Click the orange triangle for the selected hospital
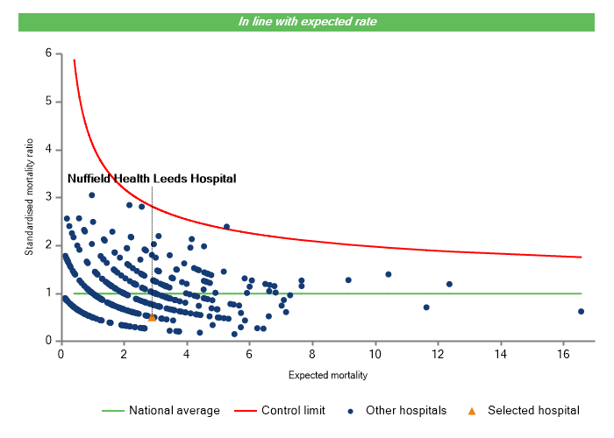click(x=153, y=317)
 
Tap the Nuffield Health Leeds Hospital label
click(x=152, y=179)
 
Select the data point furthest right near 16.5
click(x=581, y=311)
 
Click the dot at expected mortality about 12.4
click(x=449, y=284)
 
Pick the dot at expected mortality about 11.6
click(x=426, y=307)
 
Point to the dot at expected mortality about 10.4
click(x=389, y=274)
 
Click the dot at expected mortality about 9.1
click(x=348, y=280)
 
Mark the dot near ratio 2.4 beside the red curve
click(x=226, y=227)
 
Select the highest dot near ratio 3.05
click(x=91, y=195)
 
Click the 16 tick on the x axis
click(x=562, y=353)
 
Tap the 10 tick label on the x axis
click(x=375, y=353)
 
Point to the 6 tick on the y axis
click(x=47, y=53)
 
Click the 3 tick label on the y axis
click(x=47, y=197)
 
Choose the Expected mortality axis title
click(x=327, y=376)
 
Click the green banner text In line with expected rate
click(x=307, y=22)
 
